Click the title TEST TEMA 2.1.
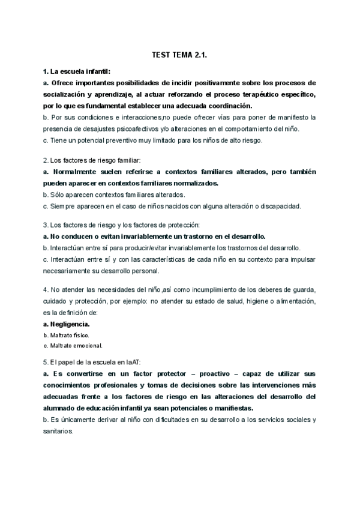pos(180,55)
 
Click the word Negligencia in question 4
pos(70,324)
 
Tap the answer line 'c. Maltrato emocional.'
pos(73,346)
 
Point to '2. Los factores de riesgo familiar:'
pos(91,160)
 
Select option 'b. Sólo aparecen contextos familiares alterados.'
pos(114,195)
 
